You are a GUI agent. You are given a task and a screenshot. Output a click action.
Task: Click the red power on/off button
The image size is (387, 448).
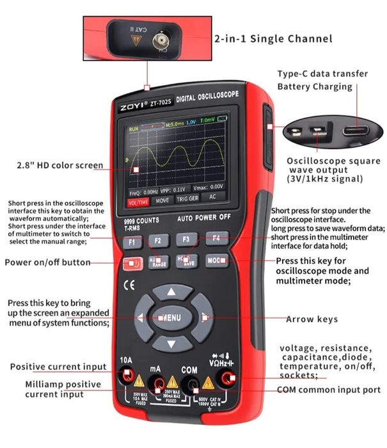(x=131, y=262)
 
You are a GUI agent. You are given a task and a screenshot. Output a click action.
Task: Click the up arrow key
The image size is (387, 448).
(x=171, y=292)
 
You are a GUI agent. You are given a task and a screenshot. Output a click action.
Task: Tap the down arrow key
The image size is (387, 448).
(x=171, y=344)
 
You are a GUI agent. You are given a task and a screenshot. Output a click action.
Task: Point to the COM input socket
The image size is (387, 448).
(x=189, y=383)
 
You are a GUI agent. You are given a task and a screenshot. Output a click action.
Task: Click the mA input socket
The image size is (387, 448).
(x=156, y=382)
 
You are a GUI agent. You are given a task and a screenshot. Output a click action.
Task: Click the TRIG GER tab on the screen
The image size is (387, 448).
(x=187, y=200)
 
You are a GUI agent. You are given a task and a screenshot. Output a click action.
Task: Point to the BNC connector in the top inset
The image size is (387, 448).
(x=157, y=43)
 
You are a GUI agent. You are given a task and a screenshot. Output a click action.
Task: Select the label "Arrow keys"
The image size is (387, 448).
(x=312, y=319)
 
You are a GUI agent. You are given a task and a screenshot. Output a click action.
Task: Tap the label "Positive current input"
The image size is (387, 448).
(x=58, y=367)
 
